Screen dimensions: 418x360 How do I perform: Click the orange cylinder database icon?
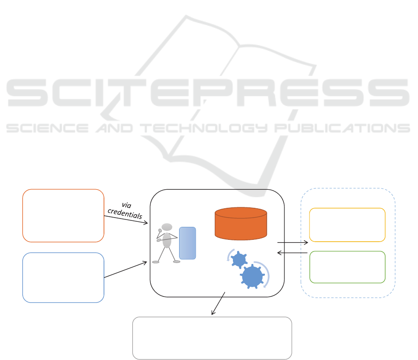coord(241,224)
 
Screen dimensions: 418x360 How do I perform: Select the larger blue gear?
coord(252,276)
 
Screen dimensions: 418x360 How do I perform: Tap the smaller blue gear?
coord(239,259)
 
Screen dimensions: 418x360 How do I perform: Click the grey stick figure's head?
coord(167,227)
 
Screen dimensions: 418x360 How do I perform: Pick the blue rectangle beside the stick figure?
coord(187,243)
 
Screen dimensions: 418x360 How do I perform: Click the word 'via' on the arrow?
coord(126,205)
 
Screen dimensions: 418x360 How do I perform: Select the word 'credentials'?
coord(125,213)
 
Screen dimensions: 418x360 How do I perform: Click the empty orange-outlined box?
coord(63,215)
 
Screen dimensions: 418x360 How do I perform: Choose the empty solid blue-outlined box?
coord(63,277)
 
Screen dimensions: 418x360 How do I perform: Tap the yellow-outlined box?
coord(347,225)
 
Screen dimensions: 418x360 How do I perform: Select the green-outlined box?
coord(347,267)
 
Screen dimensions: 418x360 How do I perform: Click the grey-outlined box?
coord(212,338)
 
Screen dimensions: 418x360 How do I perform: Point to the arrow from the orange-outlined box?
coord(126,219)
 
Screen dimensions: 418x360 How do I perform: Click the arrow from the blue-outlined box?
coord(126,270)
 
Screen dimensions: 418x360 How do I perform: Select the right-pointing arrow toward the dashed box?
coord(293,243)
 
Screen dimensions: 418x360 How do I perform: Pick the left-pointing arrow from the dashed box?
coord(292,252)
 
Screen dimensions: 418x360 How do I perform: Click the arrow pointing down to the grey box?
coord(219,303)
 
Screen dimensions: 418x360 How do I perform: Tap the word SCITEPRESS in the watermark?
coord(208,93)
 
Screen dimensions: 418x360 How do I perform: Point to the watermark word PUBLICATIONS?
coord(342,128)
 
